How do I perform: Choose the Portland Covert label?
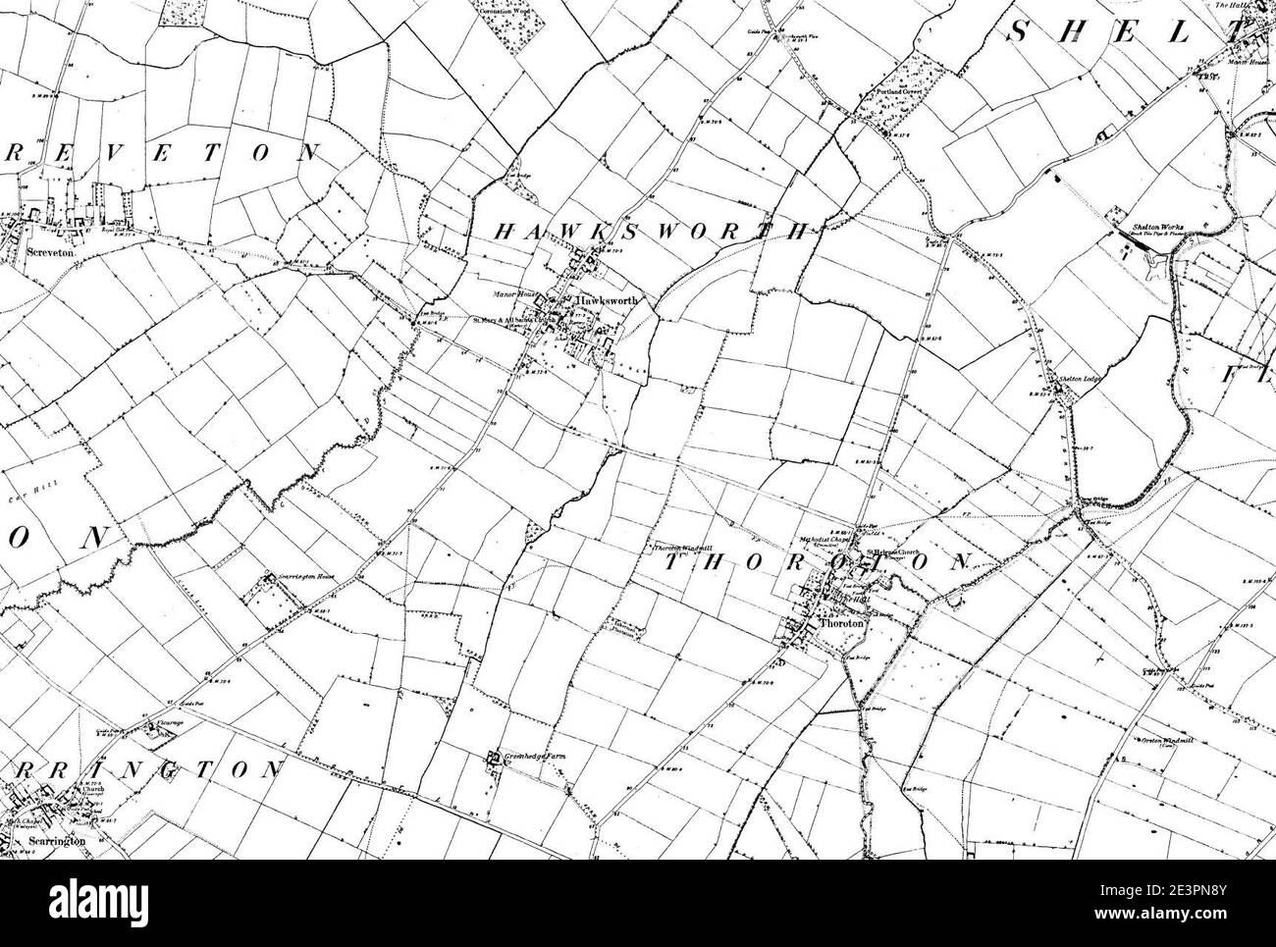pos(896,96)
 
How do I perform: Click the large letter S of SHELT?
pos(1019,32)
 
